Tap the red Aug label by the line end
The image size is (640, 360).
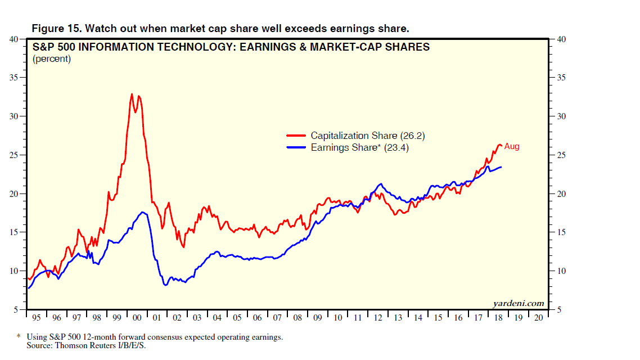[512, 146]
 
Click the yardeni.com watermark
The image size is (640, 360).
[519, 303]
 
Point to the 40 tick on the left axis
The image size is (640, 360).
[15, 39]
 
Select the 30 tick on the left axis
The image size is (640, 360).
[15, 116]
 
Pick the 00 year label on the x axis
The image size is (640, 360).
[137, 318]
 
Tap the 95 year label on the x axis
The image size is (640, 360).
[36, 318]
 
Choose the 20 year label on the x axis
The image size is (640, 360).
[539, 318]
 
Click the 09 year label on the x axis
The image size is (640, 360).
[317, 318]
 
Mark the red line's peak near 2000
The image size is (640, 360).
[132, 94]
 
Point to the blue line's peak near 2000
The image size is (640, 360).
[143, 212]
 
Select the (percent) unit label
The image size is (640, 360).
[52, 58]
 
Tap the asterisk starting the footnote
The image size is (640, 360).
[19, 337]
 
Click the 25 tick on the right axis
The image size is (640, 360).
[560, 155]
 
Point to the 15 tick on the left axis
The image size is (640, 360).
[15, 232]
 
